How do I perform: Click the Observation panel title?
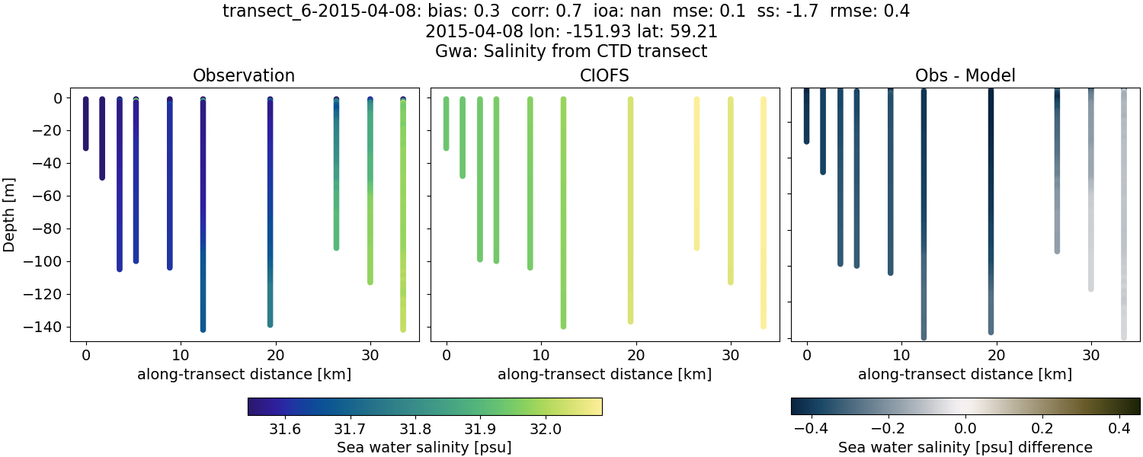(243, 76)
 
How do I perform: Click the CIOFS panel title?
(604, 76)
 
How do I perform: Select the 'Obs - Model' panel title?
(965, 76)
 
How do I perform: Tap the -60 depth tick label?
(53, 197)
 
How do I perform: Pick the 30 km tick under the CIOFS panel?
(731, 356)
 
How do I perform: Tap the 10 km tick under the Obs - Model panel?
(901, 356)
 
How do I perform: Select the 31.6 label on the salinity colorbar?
(284, 429)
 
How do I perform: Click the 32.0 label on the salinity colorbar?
(546, 429)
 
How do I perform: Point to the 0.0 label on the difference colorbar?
(965, 429)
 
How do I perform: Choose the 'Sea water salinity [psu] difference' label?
(965, 447)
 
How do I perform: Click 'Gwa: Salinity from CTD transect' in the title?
(571, 52)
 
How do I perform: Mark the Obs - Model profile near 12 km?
(924, 213)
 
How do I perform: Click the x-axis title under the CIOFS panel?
(604, 375)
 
